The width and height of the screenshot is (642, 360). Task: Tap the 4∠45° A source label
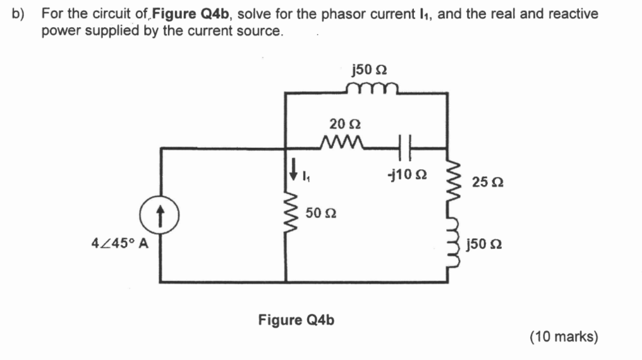[x=120, y=243]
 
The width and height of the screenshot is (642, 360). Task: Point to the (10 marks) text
[x=564, y=337]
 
